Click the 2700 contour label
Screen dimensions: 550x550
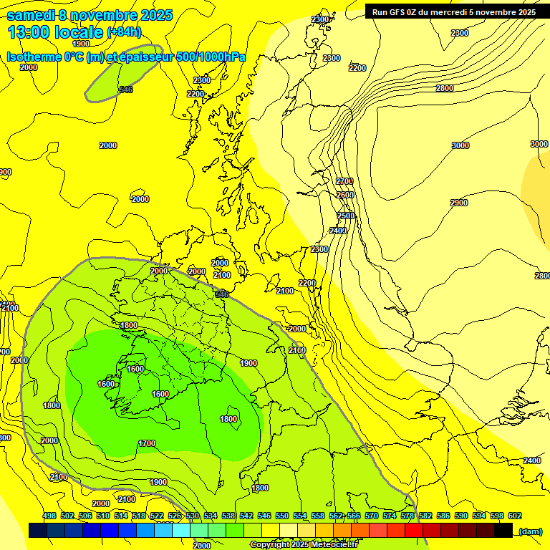coord(344,181)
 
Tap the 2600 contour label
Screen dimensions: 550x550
coord(345,195)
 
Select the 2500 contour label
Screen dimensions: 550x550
coord(346,216)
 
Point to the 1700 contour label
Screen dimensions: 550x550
coord(147,443)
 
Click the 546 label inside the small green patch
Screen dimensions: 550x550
coord(126,90)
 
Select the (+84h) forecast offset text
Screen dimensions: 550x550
coord(124,32)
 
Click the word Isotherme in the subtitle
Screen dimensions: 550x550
coord(34,57)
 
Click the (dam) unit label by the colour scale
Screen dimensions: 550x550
coord(529,531)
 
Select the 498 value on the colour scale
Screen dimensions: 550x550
coord(49,516)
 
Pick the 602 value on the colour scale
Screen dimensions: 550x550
coord(515,516)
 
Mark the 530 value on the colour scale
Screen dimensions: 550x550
coord(193,516)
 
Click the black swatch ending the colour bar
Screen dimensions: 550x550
coord(503,530)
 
